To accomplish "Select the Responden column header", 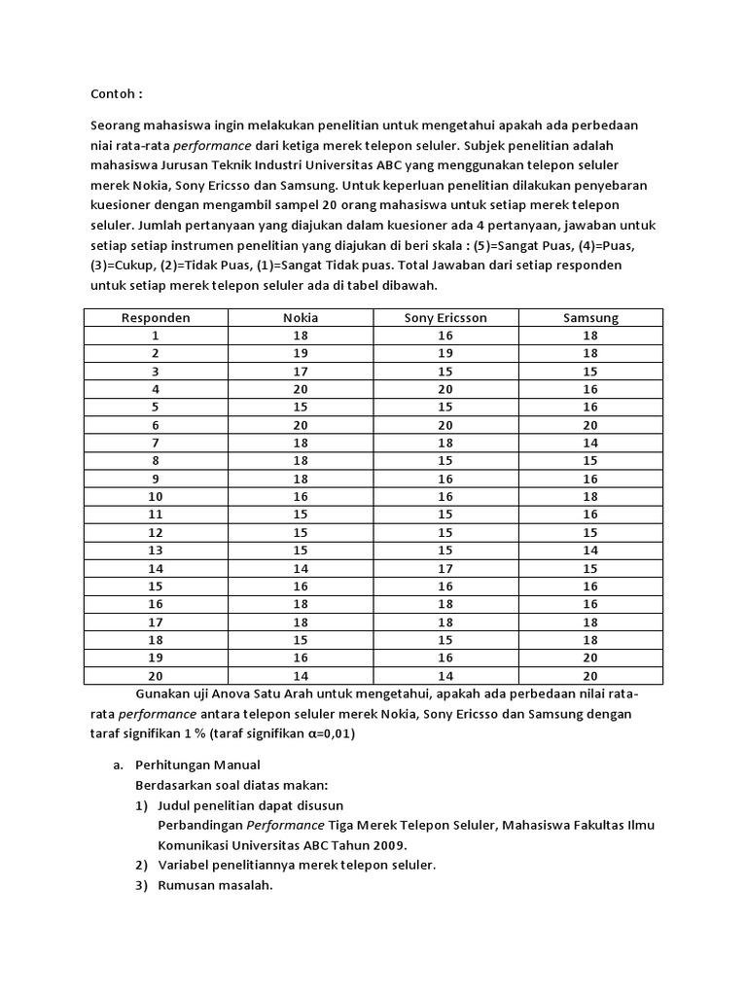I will pyautogui.click(x=156, y=317).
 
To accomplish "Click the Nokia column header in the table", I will pyautogui.click(x=301, y=317).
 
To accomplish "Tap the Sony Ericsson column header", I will pyautogui.click(x=445, y=317).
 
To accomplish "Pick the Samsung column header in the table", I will pyautogui.click(x=590, y=317).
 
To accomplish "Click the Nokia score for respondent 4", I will pyautogui.click(x=301, y=388).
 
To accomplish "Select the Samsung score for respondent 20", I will pyautogui.click(x=590, y=675).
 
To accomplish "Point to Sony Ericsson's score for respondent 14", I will pyautogui.click(x=445, y=567).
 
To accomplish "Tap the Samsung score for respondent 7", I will pyautogui.click(x=590, y=442).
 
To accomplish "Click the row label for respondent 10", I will pyautogui.click(x=156, y=495).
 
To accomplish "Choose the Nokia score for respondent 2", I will pyautogui.click(x=301, y=352).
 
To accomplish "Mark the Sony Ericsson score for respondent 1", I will pyautogui.click(x=445, y=335).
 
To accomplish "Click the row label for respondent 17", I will pyautogui.click(x=156, y=621).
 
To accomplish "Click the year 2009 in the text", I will pyautogui.click(x=386, y=844).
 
